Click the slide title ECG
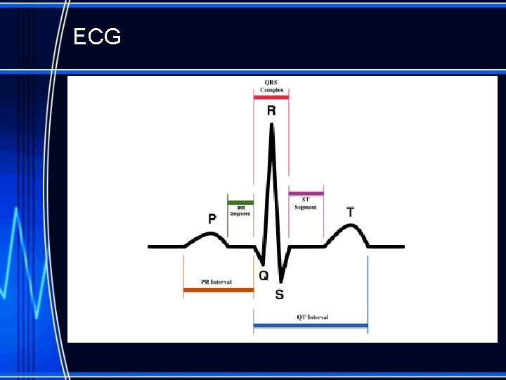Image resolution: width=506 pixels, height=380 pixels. [97, 37]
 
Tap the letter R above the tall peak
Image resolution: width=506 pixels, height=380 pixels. [271, 110]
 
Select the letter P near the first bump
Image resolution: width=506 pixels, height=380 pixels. [212, 219]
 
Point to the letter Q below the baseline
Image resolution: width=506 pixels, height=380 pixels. [264, 275]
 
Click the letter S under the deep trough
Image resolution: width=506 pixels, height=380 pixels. [280, 294]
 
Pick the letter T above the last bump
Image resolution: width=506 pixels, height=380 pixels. [351, 211]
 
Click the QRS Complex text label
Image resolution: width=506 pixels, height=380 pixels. [271, 86]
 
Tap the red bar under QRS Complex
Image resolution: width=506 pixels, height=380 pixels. [271, 97]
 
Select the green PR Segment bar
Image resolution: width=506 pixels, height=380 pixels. [240, 202]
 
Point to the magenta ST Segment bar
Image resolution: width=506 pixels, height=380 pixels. [306, 193]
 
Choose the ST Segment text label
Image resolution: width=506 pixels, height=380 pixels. [306, 204]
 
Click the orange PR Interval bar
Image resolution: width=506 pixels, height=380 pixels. [218, 289]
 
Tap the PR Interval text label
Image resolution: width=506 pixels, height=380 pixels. [216, 281]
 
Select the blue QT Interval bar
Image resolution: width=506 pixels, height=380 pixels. [310, 325]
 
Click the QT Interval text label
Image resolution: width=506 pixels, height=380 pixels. [312, 317]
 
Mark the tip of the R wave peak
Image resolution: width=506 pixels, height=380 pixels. [271, 125]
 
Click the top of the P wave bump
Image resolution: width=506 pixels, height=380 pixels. [207, 234]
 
